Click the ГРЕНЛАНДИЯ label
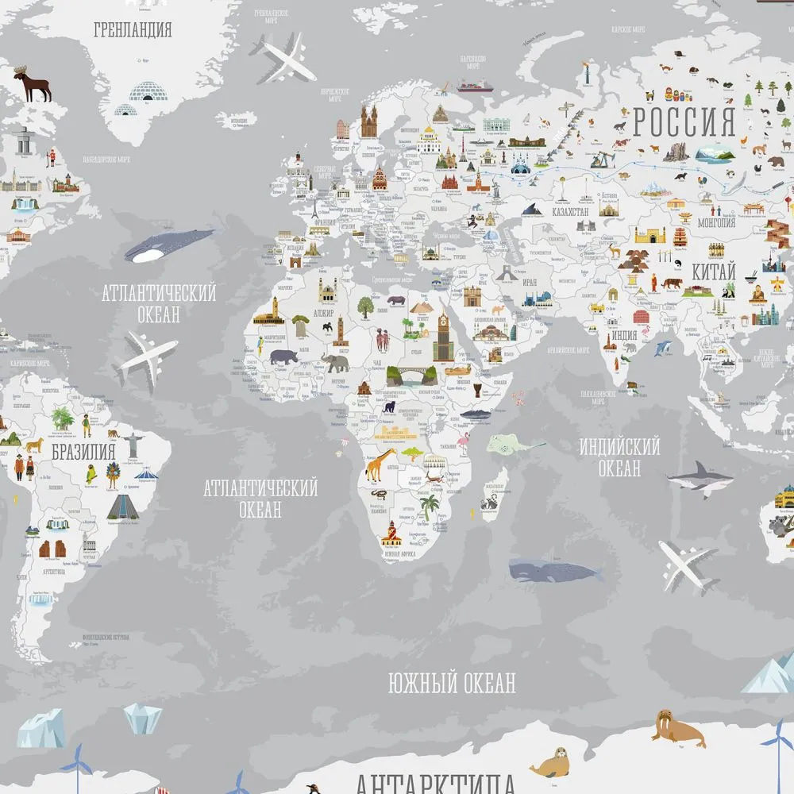pyautogui.click(x=133, y=31)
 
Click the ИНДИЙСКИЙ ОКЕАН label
pyautogui.click(x=619, y=457)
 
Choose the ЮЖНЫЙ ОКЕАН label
pyautogui.click(x=452, y=682)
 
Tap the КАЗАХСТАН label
pyautogui.click(x=566, y=212)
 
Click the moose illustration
pyautogui.click(x=33, y=84)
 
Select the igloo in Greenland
pyautogui.click(x=143, y=99)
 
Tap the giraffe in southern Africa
pyautogui.click(x=380, y=464)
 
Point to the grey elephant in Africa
pyautogui.click(x=336, y=363)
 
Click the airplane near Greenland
pyautogui.click(x=284, y=57)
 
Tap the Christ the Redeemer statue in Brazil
pyautogui.click(x=134, y=441)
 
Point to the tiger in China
pyautogui.click(x=671, y=283)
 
